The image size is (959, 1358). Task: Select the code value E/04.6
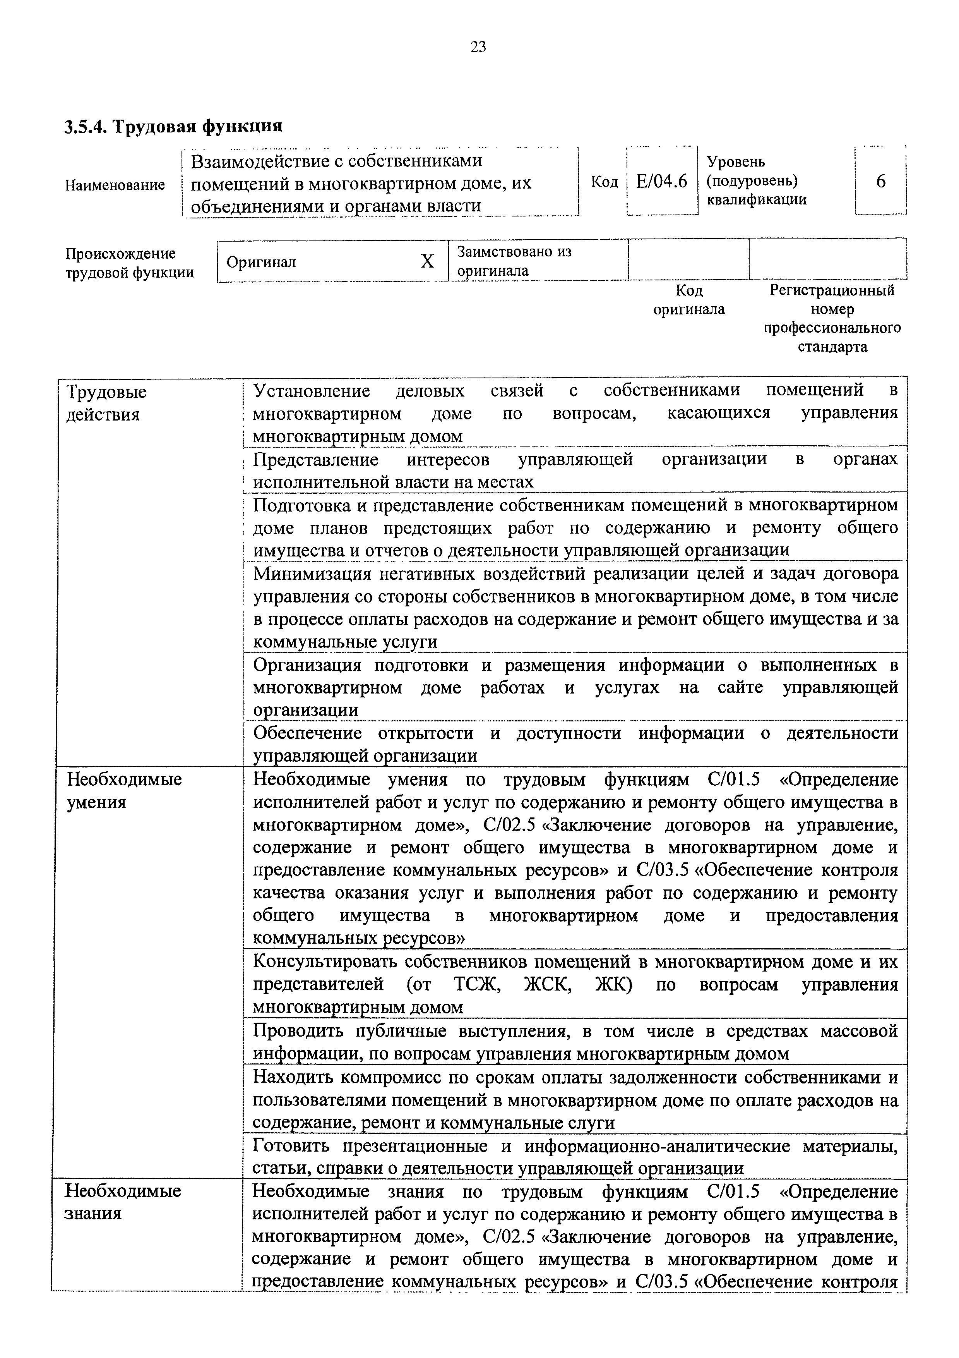coord(662,182)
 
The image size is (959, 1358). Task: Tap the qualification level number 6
coord(880,182)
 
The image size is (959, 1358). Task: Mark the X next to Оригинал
coord(427,261)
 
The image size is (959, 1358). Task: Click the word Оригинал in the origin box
coord(261,262)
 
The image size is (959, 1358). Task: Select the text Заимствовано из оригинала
coord(514,261)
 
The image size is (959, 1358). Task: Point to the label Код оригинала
coord(689,300)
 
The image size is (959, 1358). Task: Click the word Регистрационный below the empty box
coord(832,290)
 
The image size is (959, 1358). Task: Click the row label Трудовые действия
coord(106,403)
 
